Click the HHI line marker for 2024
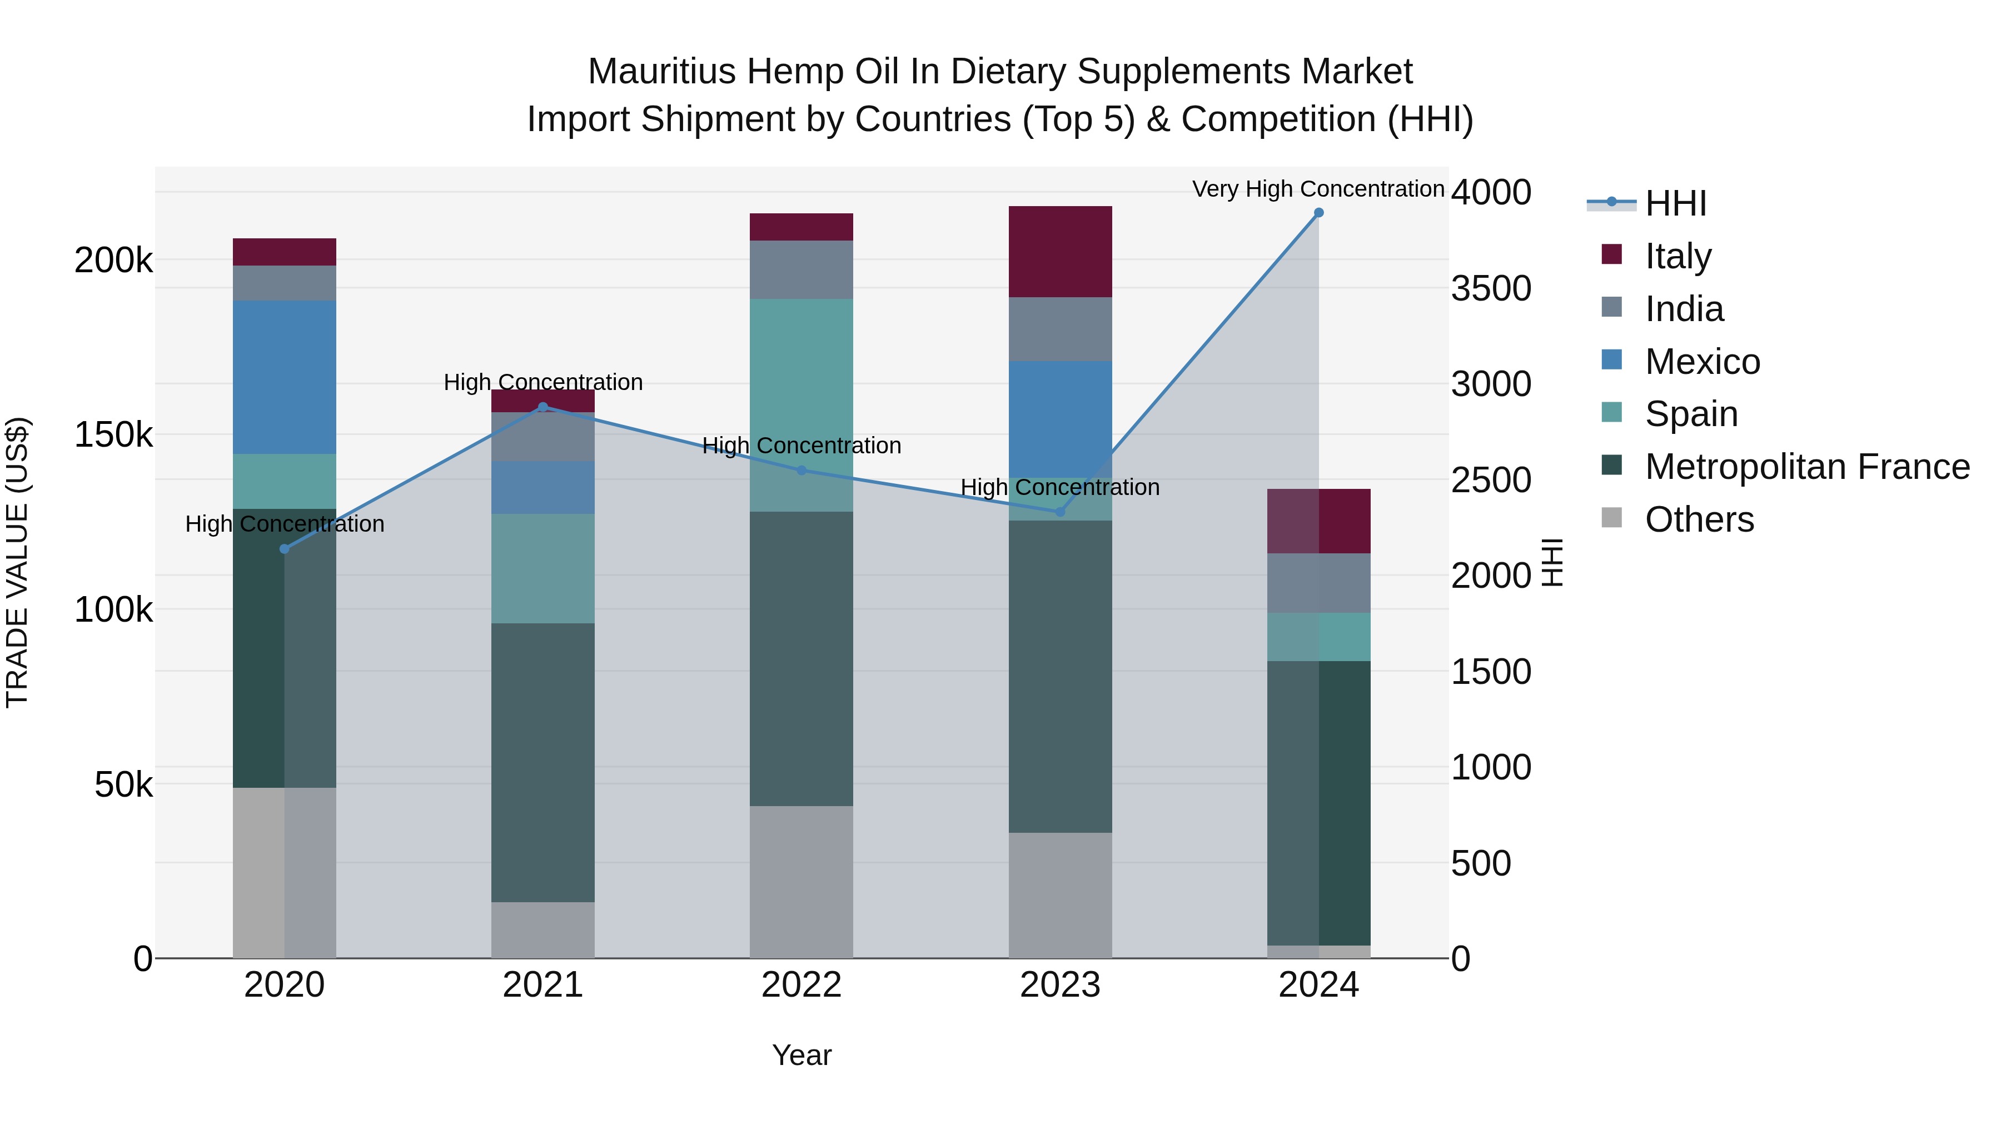tap(1318, 213)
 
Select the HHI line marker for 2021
tap(543, 407)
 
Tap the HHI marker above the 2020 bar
tap(284, 549)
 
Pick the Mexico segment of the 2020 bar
tap(284, 377)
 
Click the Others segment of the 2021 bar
tap(543, 929)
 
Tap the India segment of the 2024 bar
tap(1318, 583)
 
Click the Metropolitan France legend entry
tap(1807, 467)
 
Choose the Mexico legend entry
tap(1702, 362)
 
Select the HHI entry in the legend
tap(1675, 203)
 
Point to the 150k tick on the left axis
tap(113, 435)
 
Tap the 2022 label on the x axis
tap(801, 985)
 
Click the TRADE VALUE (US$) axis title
tap(17, 562)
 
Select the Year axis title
tap(801, 1055)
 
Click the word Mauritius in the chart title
tap(661, 72)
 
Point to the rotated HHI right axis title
tap(1551, 562)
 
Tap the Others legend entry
tap(1699, 519)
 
